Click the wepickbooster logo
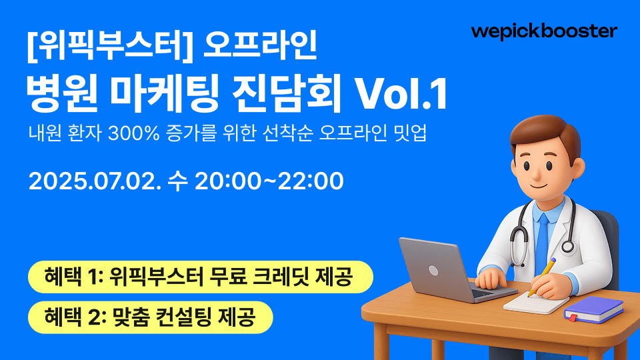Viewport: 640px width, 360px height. pyautogui.click(x=544, y=32)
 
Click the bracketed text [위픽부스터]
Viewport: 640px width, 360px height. pyautogui.click(x=110, y=47)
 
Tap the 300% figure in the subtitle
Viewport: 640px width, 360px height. pyautogui.click(x=133, y=133)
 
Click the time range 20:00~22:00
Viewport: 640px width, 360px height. pyautogui.click(x=269, y=181)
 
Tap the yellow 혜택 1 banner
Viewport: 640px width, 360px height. pyautogui.click(x=201, y=277)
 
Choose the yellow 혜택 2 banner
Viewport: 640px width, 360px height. pyautogui.click(x=150, y=317)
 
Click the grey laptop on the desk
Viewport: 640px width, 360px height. pyautogui.click(x=454, y=269)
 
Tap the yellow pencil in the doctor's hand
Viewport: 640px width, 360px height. pyautogui.click(x=541, y=277)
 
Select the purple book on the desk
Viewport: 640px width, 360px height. pyautogui.click(x=594, y=309)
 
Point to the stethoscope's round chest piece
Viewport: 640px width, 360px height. pyautogui.click(x=567, y=246)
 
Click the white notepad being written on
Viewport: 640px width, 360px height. pyautogui.click(x=535, y=302)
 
